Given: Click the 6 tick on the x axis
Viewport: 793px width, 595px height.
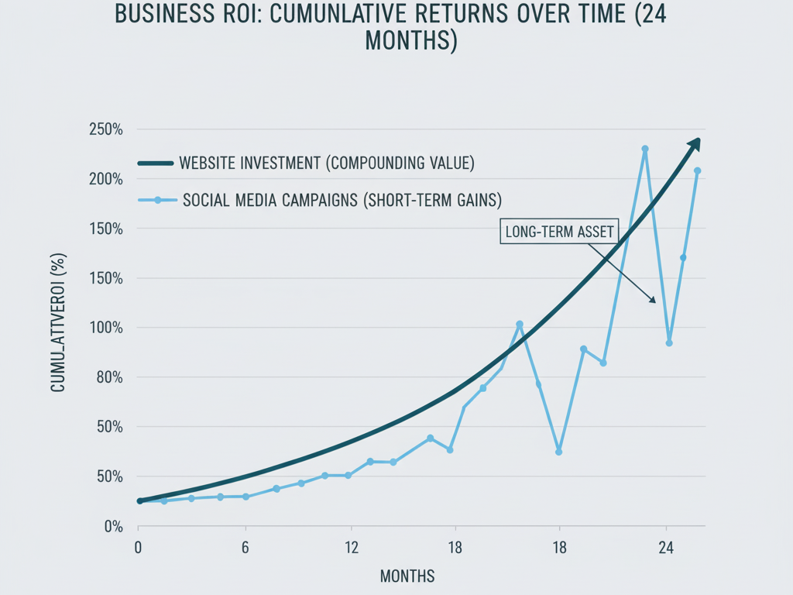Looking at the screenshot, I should pos(245,548).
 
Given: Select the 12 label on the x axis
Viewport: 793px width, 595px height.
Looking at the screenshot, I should pos(351,548).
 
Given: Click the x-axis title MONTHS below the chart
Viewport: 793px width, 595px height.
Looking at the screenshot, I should pos(407,576).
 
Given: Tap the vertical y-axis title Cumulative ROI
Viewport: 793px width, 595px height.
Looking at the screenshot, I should pos(58,322).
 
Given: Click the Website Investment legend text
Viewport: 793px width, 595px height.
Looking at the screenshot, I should pos(326,163).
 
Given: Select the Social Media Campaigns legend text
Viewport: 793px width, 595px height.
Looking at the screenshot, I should pos(342,200).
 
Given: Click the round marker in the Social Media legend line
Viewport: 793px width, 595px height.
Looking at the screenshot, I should pos(158,200).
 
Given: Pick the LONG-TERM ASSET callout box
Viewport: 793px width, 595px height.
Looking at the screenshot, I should pos(558,232).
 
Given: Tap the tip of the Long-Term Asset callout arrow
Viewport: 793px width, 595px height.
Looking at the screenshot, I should pos(654,301).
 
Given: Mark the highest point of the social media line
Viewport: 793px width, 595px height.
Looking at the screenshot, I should pos(645,149).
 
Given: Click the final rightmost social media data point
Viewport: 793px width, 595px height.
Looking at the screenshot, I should pos(697,170).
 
